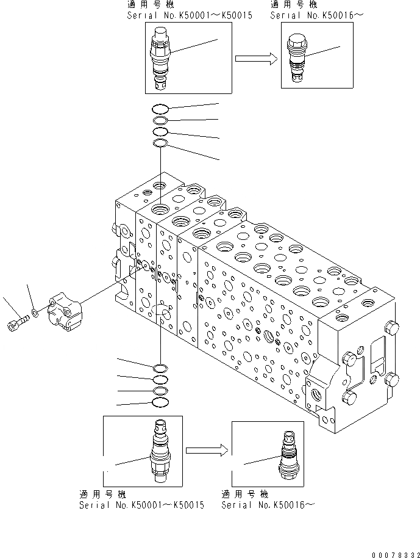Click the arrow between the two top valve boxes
click(x=256, y=59)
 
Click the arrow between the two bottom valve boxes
click(x=207, y=451)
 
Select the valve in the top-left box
click(x=162, y=58)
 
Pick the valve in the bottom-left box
click(x=160, y=451)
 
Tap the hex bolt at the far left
click(x=17, y=324)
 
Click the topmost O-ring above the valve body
click(x=160, y=109)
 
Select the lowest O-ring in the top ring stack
click(x=160, y=143)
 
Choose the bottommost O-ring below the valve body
click(x=160, y=402)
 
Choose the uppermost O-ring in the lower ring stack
click(x=160, y=368)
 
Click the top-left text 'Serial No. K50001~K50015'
click(x=189, y=15)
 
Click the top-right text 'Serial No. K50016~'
click(x=317, y=15)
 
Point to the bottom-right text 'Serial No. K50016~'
click(x=268, y=505)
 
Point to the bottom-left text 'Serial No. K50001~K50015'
click(x=141, y=505)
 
